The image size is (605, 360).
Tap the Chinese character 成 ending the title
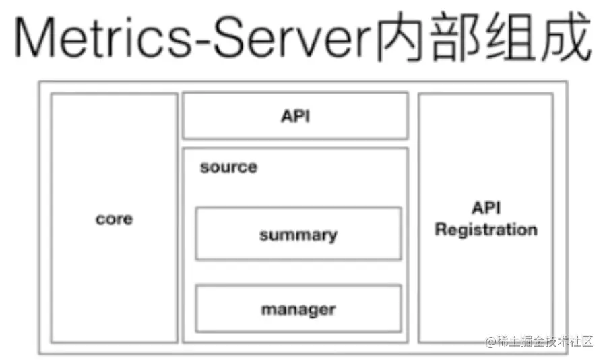tap(566, 36)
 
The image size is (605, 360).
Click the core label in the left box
tap(115, 219)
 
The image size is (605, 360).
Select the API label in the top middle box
tap(296, 116)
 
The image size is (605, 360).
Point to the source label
tap(228, 167)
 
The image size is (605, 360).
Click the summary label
tap(298, 235)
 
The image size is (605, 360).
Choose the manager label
tap(298, 310)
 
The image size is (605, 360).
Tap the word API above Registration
tap(486, 208)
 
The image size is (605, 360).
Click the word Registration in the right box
tap(486, 230)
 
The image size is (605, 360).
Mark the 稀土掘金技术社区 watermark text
tap(544, 341)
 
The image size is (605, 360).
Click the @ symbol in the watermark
tap(490, 342)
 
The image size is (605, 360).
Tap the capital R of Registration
tap(441, 229)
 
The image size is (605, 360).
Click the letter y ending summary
tap(333, 237)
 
